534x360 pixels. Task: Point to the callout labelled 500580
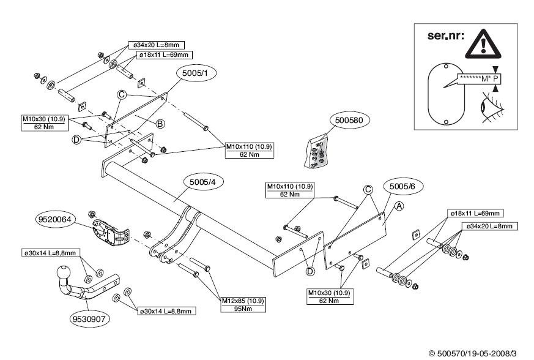click(x=349, y=121)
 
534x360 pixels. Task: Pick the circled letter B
click(x=160, y=124)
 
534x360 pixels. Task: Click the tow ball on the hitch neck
click(x=64, y=272)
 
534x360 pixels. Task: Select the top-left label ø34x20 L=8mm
click(x=156, y=45)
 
